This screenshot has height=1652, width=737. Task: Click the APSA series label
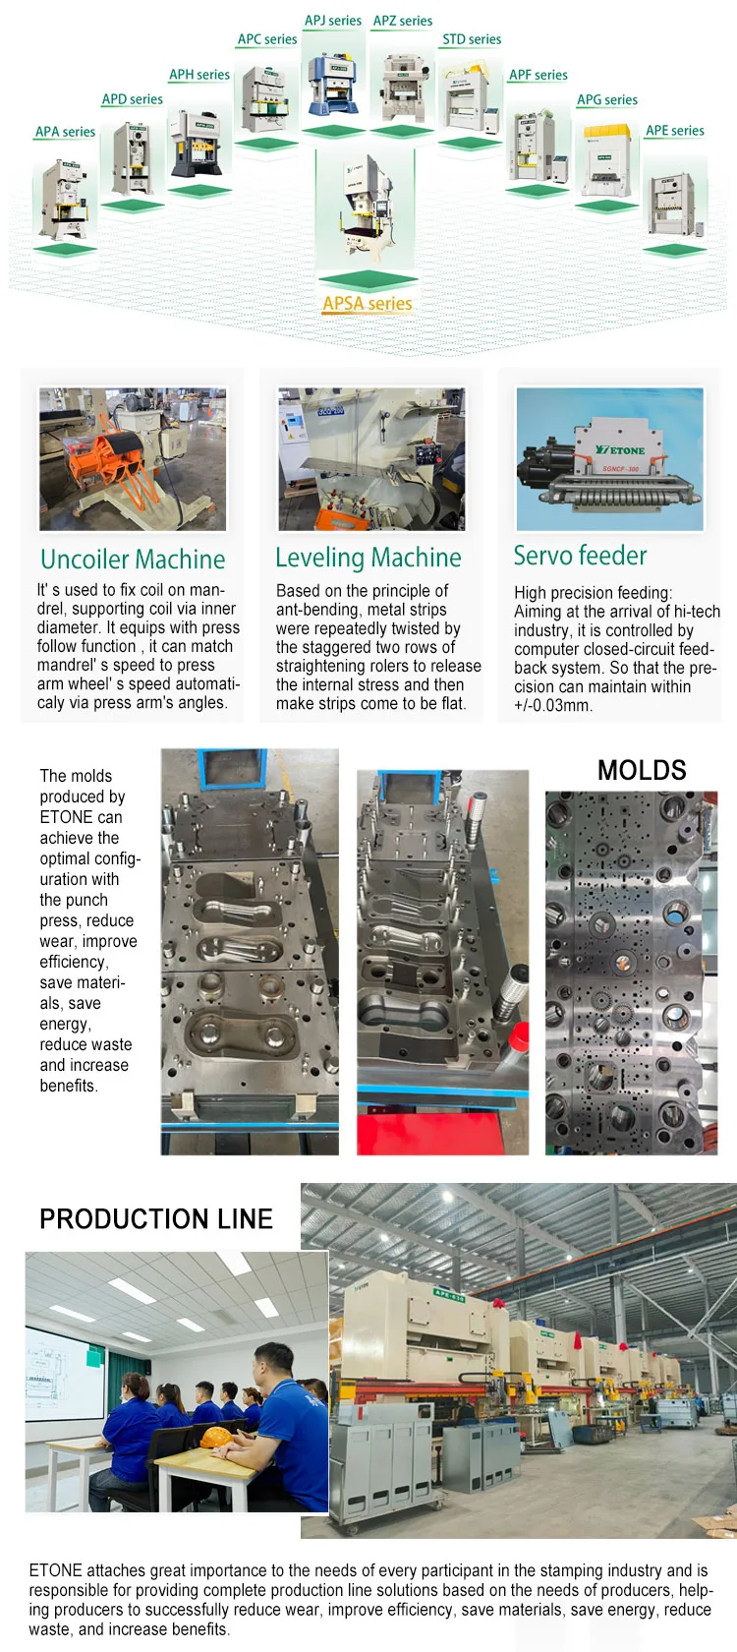[x=368, y=304]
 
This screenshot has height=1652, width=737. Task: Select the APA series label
[x=65, y=132]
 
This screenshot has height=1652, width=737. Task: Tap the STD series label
[x=472, y=39]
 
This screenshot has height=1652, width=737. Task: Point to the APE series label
[x=674, y=131]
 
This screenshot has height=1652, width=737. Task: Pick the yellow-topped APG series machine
[x=606, y=157]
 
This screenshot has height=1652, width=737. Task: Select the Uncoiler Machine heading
[x=133, y=560]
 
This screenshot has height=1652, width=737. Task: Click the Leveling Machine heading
[x=368, y=558]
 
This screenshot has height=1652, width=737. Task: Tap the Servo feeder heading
[x=580, y=556]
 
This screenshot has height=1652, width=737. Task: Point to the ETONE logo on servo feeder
[x=621, y=449]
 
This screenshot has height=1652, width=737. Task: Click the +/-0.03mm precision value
[x=553, y=705]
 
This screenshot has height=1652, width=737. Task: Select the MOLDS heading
[x=642, y=770]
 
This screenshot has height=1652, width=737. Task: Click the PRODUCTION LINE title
[x=156, y=1219]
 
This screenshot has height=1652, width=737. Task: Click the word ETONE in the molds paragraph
[x=67, y=817]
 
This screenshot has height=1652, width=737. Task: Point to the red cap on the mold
[x=521, y=1034]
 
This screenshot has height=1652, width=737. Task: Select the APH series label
[x=199, y=75]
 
